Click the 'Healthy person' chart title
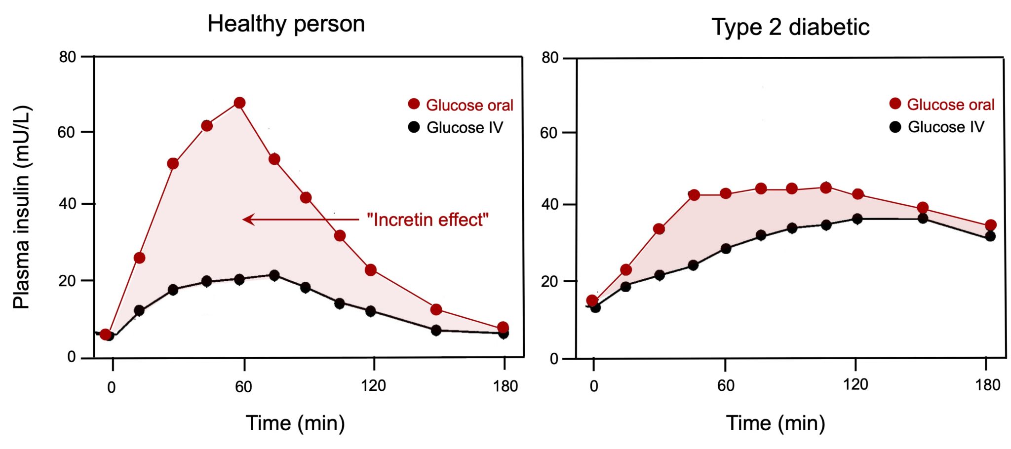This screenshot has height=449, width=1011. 286,24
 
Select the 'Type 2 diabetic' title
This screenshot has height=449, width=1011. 790,27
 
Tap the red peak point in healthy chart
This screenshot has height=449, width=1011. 239,103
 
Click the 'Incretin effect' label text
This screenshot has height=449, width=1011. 428,220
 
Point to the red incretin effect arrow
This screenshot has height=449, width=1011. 301,219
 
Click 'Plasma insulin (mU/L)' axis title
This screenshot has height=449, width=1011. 22,207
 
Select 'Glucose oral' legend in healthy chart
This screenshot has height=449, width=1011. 469,105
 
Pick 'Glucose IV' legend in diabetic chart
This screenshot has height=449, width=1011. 945,127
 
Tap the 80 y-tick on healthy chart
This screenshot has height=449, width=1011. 68,57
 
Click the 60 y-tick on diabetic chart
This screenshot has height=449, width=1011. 549,133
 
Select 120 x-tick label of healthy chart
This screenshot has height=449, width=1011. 373,385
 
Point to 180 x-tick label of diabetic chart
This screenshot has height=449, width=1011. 987,385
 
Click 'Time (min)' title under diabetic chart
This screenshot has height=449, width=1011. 776,423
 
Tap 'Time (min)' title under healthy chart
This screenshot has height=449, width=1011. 295,423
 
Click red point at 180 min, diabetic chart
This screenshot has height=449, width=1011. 990,225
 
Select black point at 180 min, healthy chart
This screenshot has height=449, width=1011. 503,334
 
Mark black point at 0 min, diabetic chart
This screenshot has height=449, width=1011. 595,307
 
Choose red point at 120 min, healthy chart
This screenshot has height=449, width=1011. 371,270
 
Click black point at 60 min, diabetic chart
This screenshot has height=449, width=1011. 725,248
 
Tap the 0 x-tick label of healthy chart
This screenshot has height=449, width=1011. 112,387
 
